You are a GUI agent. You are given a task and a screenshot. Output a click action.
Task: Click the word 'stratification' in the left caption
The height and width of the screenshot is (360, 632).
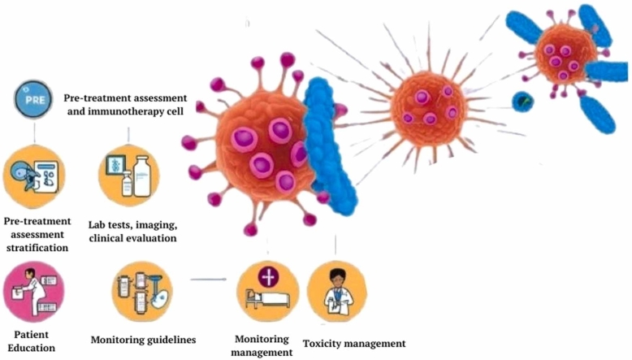point(35,246)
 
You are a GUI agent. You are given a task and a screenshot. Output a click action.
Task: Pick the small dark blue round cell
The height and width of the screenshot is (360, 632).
point(522,102)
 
